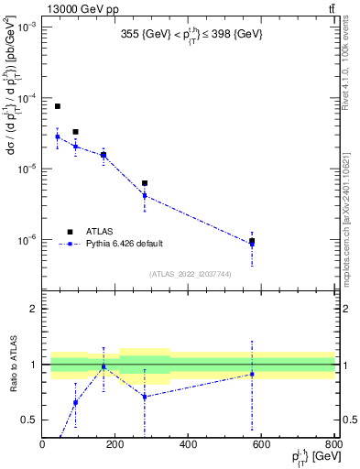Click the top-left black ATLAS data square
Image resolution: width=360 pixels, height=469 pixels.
[x=57, y=106]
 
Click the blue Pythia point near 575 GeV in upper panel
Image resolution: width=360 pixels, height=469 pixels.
[x=252, y=244]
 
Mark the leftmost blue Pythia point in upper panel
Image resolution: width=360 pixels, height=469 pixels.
[x=57, y=136]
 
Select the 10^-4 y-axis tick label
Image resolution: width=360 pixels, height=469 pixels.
[x=27, y=98]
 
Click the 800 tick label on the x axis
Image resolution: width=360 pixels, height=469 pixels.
[x=333, y=444]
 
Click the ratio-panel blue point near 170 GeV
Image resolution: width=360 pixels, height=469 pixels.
[x=104, y=366]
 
